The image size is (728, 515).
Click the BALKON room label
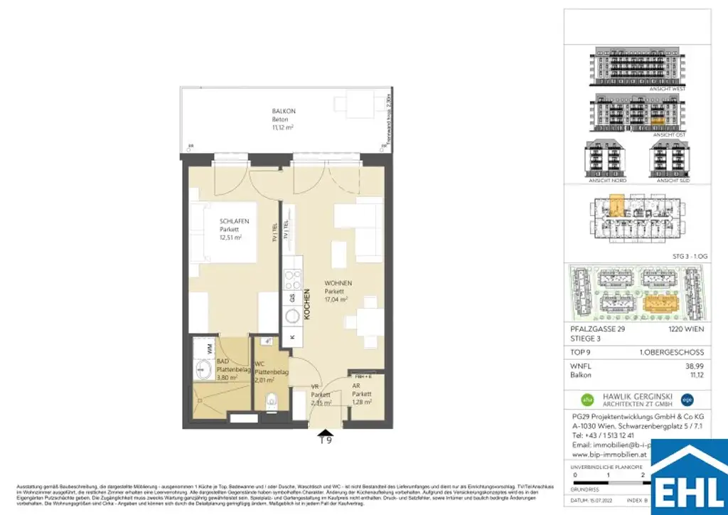pyautogui.click(x=284, y=112)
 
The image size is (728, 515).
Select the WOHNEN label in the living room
pyautogui.click(x=338, y=282)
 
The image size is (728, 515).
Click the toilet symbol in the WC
pyautogui.click(x=270, y=403)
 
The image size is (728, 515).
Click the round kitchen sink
pyautogui.click(x=292, y=315)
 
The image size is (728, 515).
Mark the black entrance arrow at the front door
pyautogui.click(x=325, y=431)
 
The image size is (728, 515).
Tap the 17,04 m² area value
pyautogui.click(x=338, y=299)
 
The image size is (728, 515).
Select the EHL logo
pyautogui.click(x=689, y=478)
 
